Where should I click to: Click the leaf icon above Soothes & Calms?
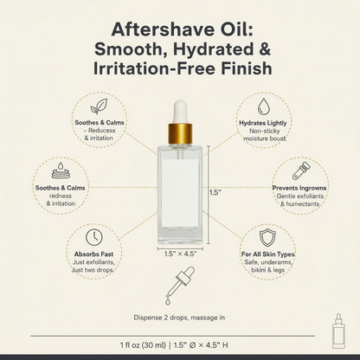pos(99,106)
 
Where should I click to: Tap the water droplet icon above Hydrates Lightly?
pos(264,106)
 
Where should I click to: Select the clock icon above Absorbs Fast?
pos(94,237)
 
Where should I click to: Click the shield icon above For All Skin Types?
pos(267,238)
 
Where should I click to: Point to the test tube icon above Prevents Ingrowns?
pos(301,170)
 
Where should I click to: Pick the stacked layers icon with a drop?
pos(61,170)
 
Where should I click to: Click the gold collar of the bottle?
pos(180,133)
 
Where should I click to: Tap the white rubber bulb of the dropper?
pos(180,112)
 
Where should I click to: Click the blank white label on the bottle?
pos(180,193)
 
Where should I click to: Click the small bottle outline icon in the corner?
pos(338,331)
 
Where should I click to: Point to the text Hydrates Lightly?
pos(263,123)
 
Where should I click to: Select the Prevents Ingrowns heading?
pos(299,188)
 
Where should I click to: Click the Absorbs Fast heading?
pos(93,254)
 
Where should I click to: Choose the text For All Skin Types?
pos(268,254)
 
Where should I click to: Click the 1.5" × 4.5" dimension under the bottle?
pos(180,254)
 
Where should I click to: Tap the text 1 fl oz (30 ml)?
pos(143,345)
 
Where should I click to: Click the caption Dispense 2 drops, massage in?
pos(179,318)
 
